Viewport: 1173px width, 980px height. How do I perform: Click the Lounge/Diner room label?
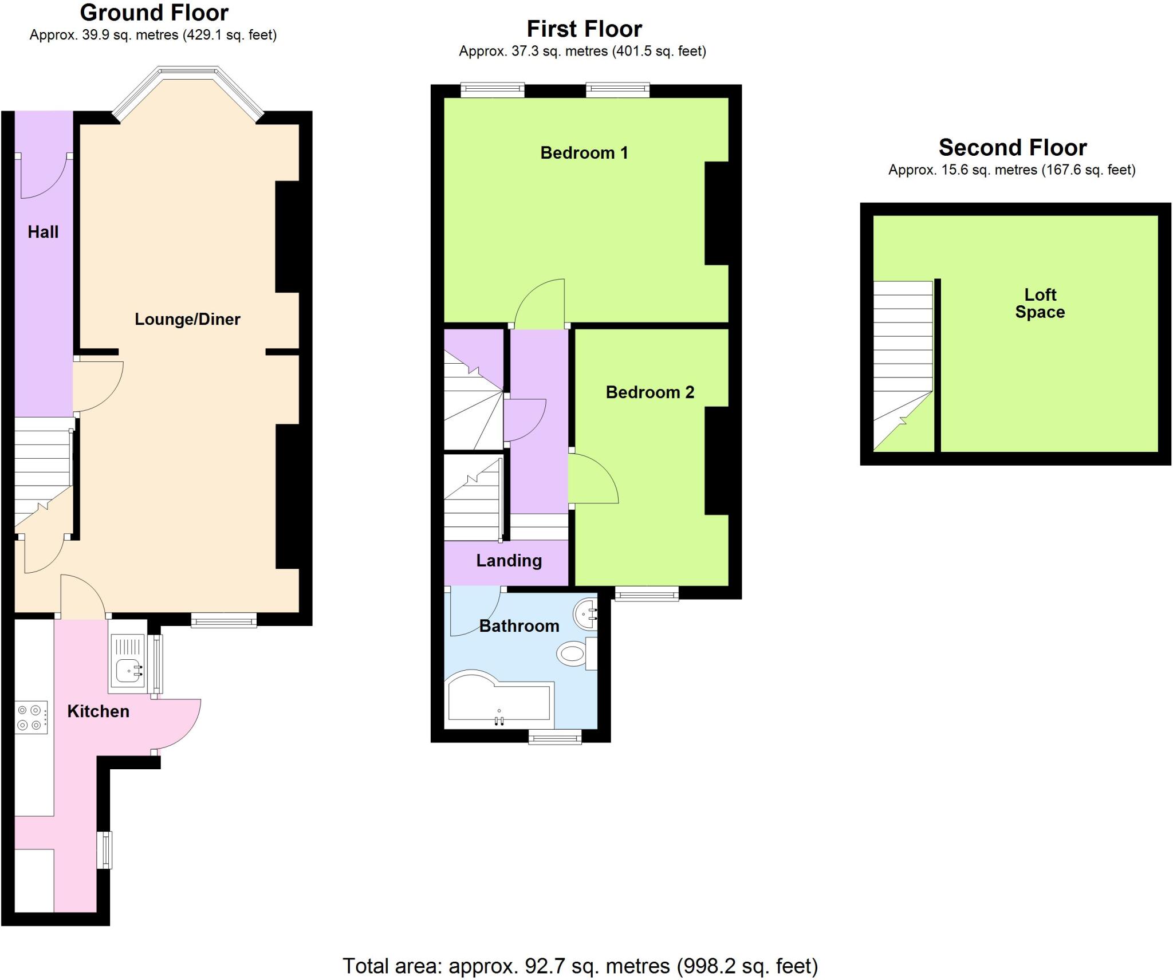[x=187, y=319]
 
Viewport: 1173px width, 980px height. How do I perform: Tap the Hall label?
[x=43, y=232]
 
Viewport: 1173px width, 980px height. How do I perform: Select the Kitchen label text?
[x=98, y=711]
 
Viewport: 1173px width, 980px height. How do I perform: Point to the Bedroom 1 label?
[x=584, y=153]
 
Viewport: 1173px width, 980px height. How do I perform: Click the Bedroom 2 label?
[x=650, y=392]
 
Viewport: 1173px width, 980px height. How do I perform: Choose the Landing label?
[x=509, y=561]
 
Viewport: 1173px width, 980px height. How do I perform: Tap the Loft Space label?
[x=1040, y=304]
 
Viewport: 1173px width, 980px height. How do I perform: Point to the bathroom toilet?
[x=573, y=654]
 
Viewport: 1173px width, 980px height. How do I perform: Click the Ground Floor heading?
[x=154, y=13]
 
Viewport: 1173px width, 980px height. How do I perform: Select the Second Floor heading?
[x=1012, y=148]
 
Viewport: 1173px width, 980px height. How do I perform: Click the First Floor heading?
[x=584, y=29]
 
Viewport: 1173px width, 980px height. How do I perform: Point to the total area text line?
[x=580, y=966]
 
